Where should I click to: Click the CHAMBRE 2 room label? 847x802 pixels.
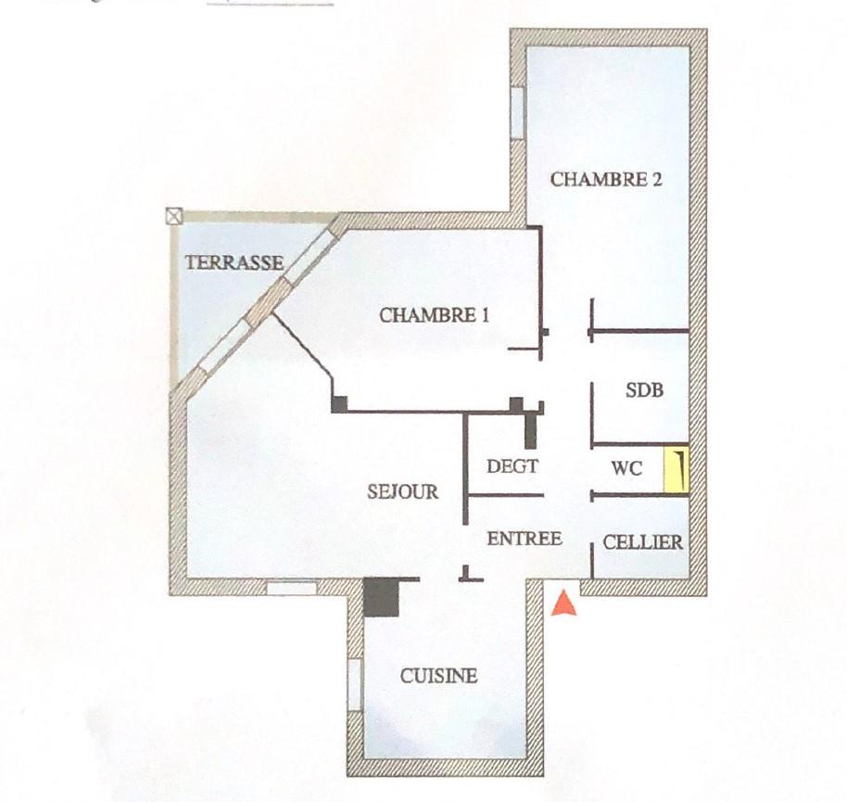(606, 180)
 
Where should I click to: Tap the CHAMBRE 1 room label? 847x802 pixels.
(435, 315)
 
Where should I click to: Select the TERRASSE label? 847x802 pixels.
(234, 262)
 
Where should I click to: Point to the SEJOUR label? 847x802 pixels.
(403, 491)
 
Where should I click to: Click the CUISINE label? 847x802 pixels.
(438, 676)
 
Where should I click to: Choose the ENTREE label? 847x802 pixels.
(525, 539)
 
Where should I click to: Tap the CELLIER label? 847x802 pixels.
(643, 542)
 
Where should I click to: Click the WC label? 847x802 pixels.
(627, 468)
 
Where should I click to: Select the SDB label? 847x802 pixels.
(644, 390)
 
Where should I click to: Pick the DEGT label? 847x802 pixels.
(512, 465)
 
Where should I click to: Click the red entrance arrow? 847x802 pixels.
(564, 603)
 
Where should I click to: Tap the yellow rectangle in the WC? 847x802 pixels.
(676, 470)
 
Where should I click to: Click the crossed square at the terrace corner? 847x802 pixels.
(174, 217)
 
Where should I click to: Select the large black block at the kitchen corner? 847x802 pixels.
(381, 597)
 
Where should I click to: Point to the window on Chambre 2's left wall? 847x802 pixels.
(518, 113)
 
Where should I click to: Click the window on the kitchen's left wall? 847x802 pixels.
(354, 685)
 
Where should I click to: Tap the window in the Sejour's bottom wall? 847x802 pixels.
(292, 588)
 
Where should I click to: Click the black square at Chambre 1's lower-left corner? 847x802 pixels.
(339, 405)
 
